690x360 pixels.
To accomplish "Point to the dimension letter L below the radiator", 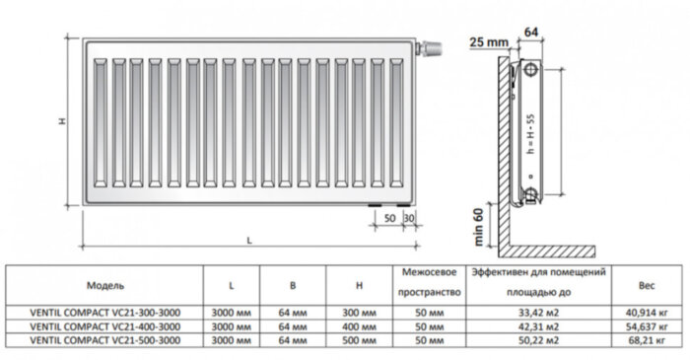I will (249, 241).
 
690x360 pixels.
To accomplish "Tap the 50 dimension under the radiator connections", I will (389, 216).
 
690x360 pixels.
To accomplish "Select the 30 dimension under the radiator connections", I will (408, 216).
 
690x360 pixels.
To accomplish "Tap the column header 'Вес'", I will (647, 285).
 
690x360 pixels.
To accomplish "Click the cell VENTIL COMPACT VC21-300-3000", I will (104, 312).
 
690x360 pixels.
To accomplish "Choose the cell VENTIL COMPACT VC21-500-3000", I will (104, 339).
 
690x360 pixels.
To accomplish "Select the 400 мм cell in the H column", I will (363, 325).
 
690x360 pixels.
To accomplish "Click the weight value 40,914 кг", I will (647, 312).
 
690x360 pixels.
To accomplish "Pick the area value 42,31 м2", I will (538, 325).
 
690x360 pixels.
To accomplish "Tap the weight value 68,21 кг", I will (647, 339).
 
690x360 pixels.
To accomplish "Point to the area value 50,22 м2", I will (538, 339).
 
